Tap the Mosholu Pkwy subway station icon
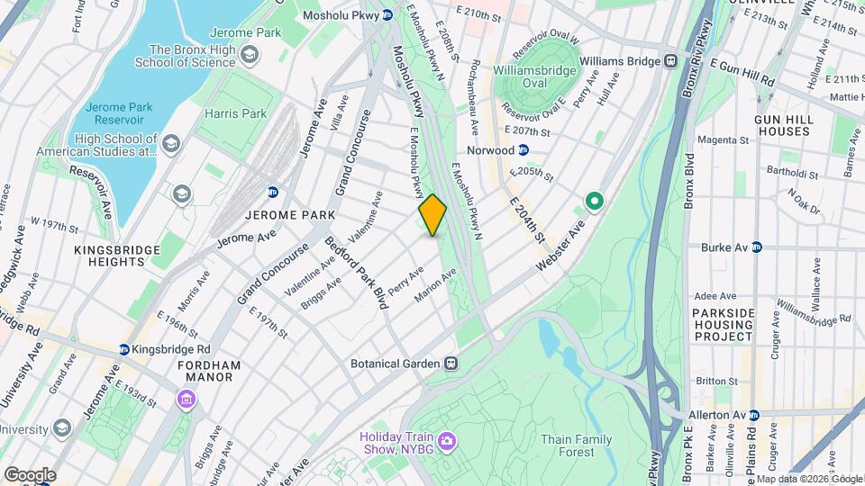(x=387, y=14)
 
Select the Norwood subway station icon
(x=524, y=150)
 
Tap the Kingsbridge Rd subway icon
(x=123, y=349)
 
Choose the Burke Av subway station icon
(x=756, y=247)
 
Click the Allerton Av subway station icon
(x=754, y=415)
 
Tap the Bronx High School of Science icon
(x=249, y=56)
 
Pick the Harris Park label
(x=235, y=113)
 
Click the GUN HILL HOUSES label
(x=783, y=125)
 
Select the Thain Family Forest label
(x=577, y=445)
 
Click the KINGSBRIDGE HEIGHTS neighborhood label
(x=97, y=255)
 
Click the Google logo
(x=30, y=474)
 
